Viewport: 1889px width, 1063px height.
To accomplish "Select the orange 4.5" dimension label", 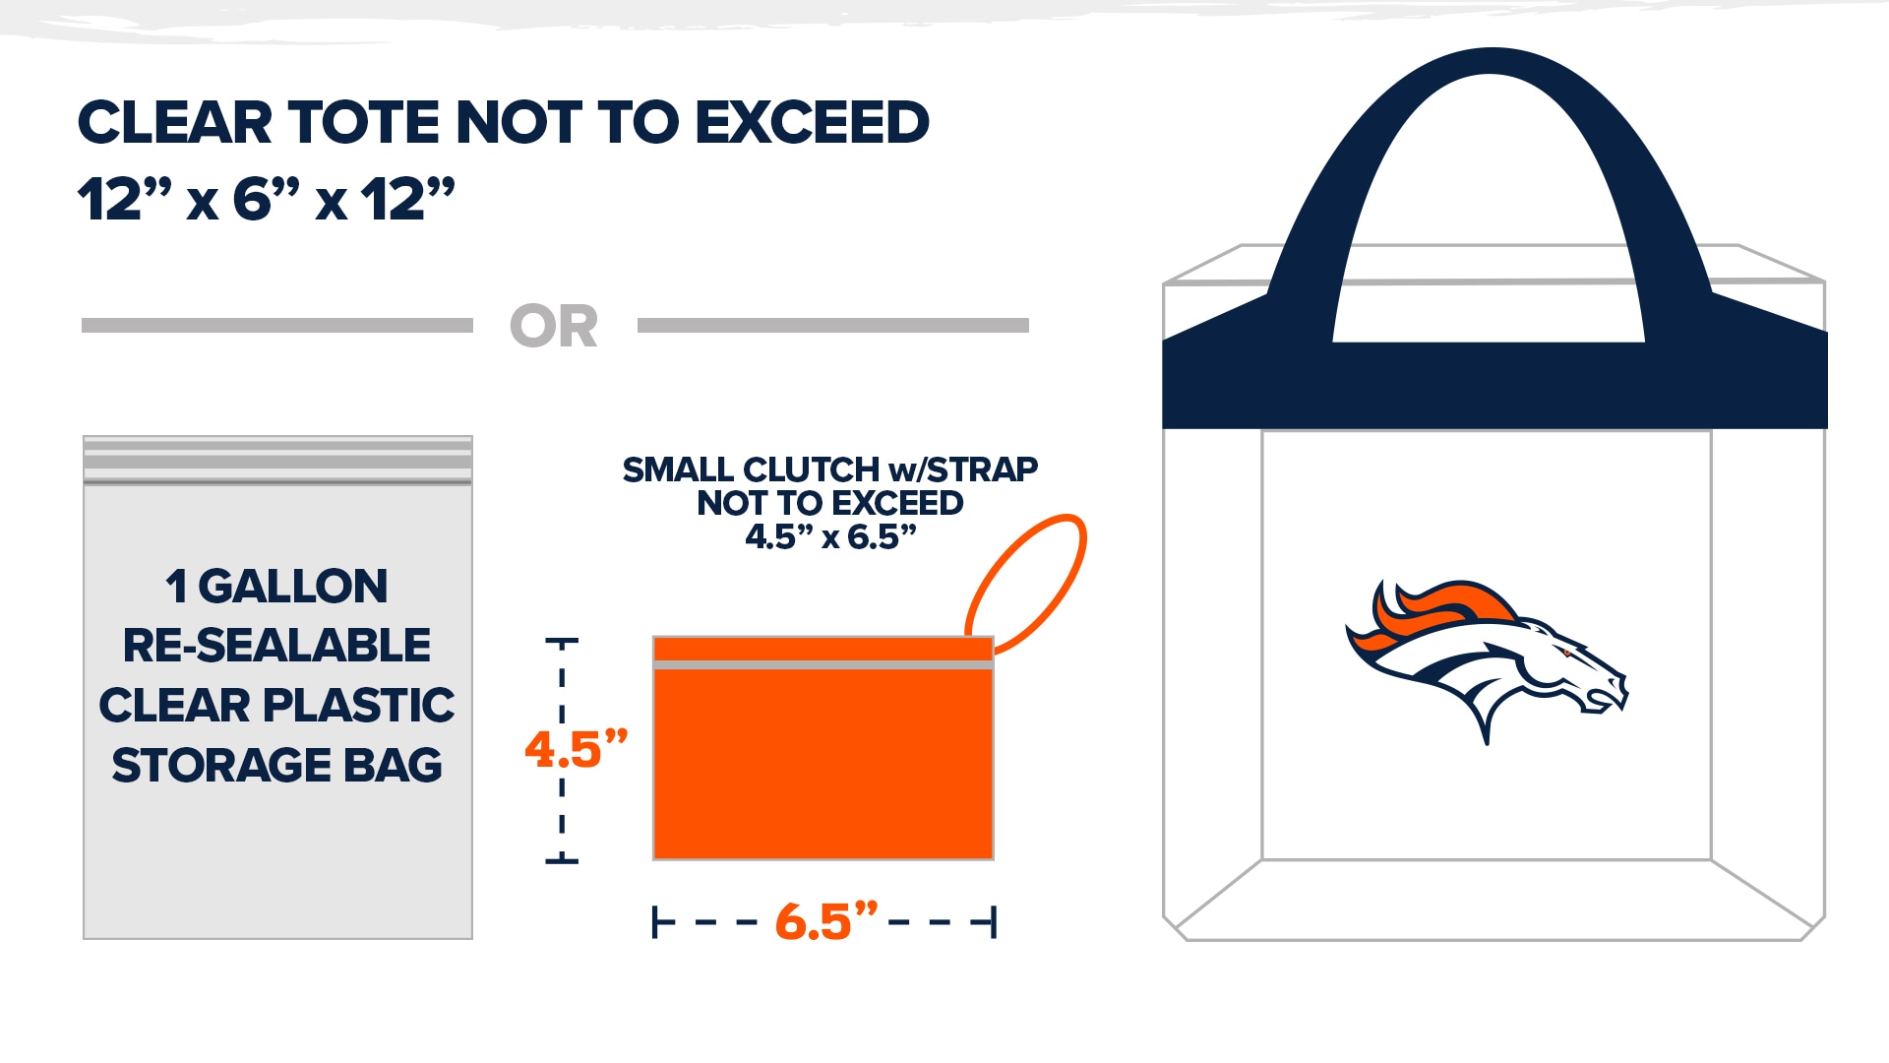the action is (576, 749).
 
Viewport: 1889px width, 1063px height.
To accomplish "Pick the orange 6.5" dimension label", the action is (825, 922).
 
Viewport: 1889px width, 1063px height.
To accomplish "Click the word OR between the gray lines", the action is (554, 327).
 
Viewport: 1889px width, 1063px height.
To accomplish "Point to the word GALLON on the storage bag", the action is (293, 587).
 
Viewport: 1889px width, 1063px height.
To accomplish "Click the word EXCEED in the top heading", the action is (812, 123).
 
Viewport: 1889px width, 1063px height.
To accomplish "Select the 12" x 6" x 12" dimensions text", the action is (267, 199).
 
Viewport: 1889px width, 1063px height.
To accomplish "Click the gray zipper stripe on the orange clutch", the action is (823, 665).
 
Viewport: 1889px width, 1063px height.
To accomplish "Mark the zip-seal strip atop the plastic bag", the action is (278, 461).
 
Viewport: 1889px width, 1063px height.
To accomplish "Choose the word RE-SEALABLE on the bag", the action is (276, 646).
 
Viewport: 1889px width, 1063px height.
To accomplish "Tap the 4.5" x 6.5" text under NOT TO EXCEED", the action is (830, 537).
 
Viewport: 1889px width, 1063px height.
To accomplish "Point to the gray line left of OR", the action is (277, 326).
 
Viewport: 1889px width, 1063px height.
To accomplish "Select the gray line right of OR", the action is (833, 326).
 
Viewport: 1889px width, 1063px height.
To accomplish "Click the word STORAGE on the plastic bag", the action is (221, 766).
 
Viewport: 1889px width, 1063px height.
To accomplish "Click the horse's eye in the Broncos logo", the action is (1564, 653).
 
